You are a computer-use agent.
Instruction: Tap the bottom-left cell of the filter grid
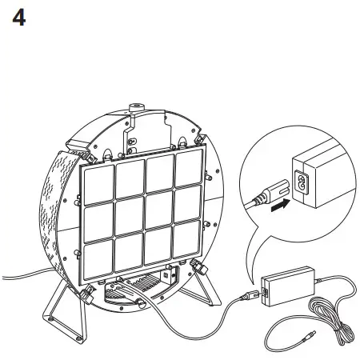pos(100,256)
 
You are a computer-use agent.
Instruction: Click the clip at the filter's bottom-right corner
pos(196,266)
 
